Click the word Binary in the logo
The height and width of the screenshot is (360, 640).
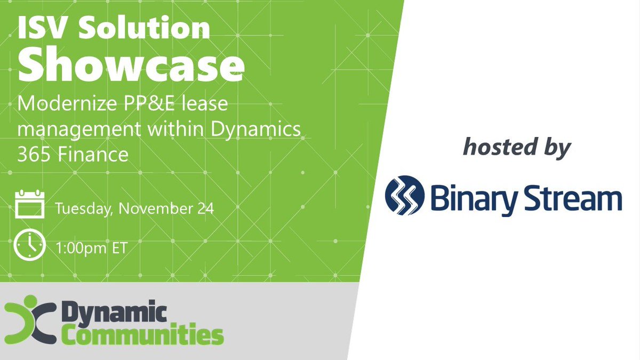click(475, 197)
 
